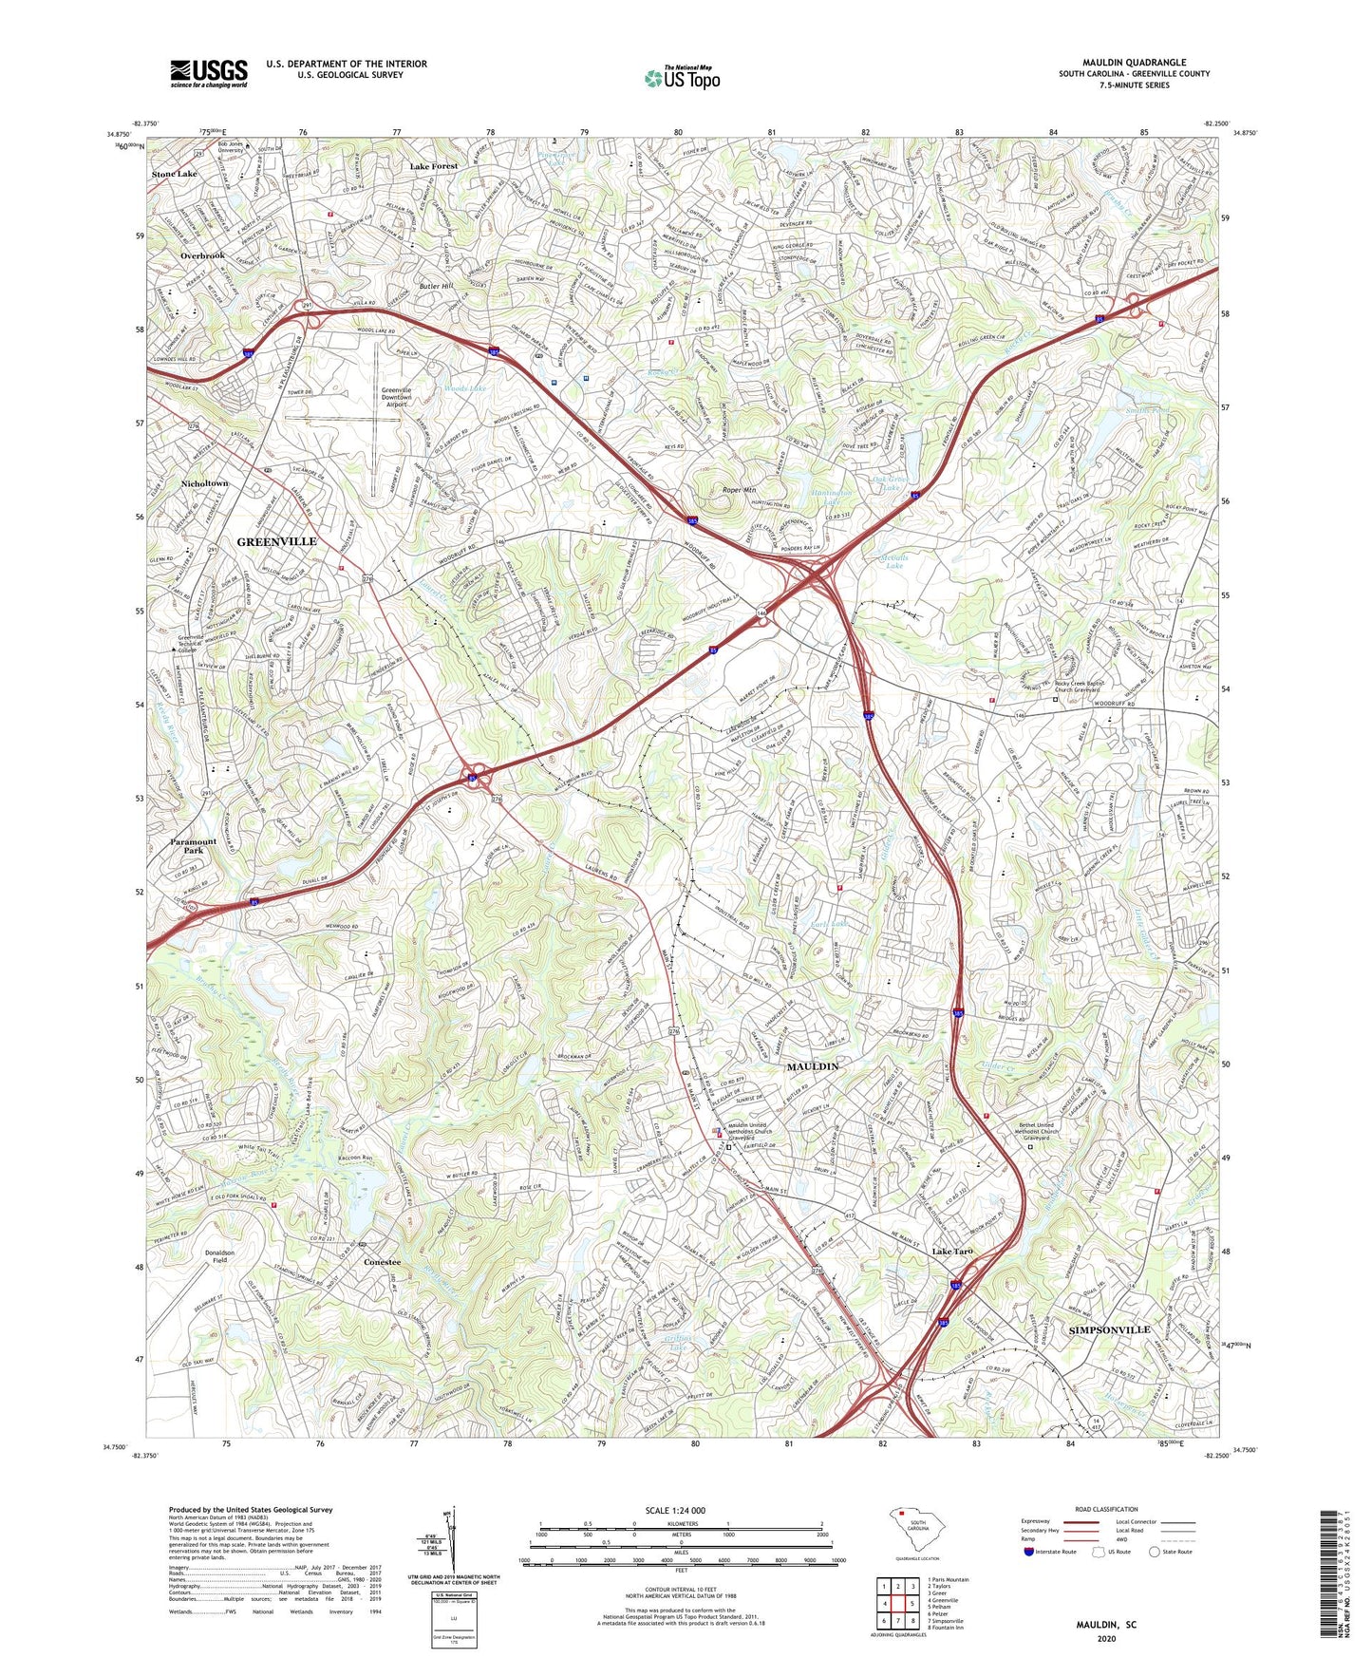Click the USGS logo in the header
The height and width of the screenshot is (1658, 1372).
click(208, 73)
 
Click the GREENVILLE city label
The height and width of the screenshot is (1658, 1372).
click(276, 541)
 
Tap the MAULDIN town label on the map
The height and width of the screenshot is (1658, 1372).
click(812, 1066)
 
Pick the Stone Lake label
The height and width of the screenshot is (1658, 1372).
click(175, 175)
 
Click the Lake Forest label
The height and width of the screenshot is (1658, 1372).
click(433, 166)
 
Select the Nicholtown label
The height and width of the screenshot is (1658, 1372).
click(204, 483)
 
